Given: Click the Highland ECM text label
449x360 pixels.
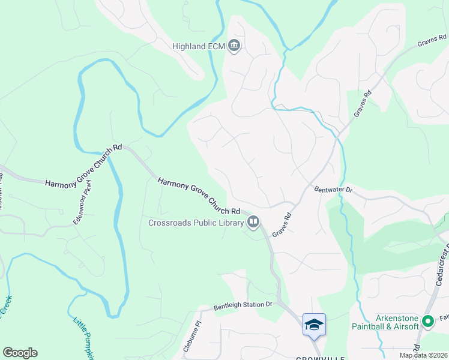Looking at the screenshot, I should pyautogui.click(x=199, y=46).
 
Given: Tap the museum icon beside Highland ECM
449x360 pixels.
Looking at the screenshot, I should pyautogui.click(x=234, y=46).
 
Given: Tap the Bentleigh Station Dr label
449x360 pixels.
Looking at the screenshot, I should pyautogui.click(x=244, y=305).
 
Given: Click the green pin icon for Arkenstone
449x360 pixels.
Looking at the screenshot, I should pyautogui.click(x=428, y=322).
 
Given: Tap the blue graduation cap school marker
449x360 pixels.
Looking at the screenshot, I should pyautogui.click(x=314, y=325).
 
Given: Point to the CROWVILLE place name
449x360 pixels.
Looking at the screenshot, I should pyautogui.click(x=320, y=358).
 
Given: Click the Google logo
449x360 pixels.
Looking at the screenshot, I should pyautogui.click(x=20, y=353).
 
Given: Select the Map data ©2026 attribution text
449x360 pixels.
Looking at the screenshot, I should pyautogui.click(x=424, y=355).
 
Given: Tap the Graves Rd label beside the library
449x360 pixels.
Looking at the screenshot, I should pyautogui.click(x=282, y=225).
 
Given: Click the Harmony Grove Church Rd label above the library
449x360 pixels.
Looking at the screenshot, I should pyautogui.click(x=199, y=196).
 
